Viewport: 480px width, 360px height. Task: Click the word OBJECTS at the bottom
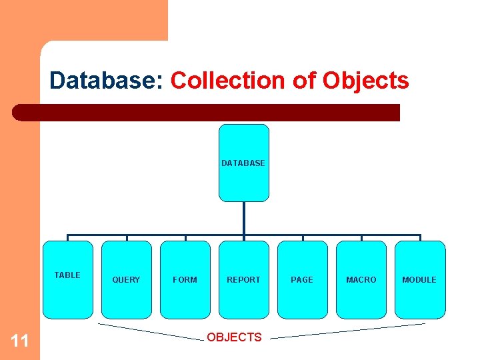click(x=234, y=337)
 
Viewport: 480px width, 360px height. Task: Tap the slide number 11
click(x=20, y=341)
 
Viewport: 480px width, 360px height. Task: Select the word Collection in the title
click(x=227, y=81)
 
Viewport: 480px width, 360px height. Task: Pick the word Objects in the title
click(x=365, y=81)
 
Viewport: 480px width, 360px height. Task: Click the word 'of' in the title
click(x=303, y=81)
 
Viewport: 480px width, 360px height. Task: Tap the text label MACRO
click(x=361, y=280)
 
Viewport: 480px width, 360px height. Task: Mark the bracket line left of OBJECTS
click(x=150, y=331)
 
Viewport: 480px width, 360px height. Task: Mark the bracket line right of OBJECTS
click(x=347, y=331)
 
